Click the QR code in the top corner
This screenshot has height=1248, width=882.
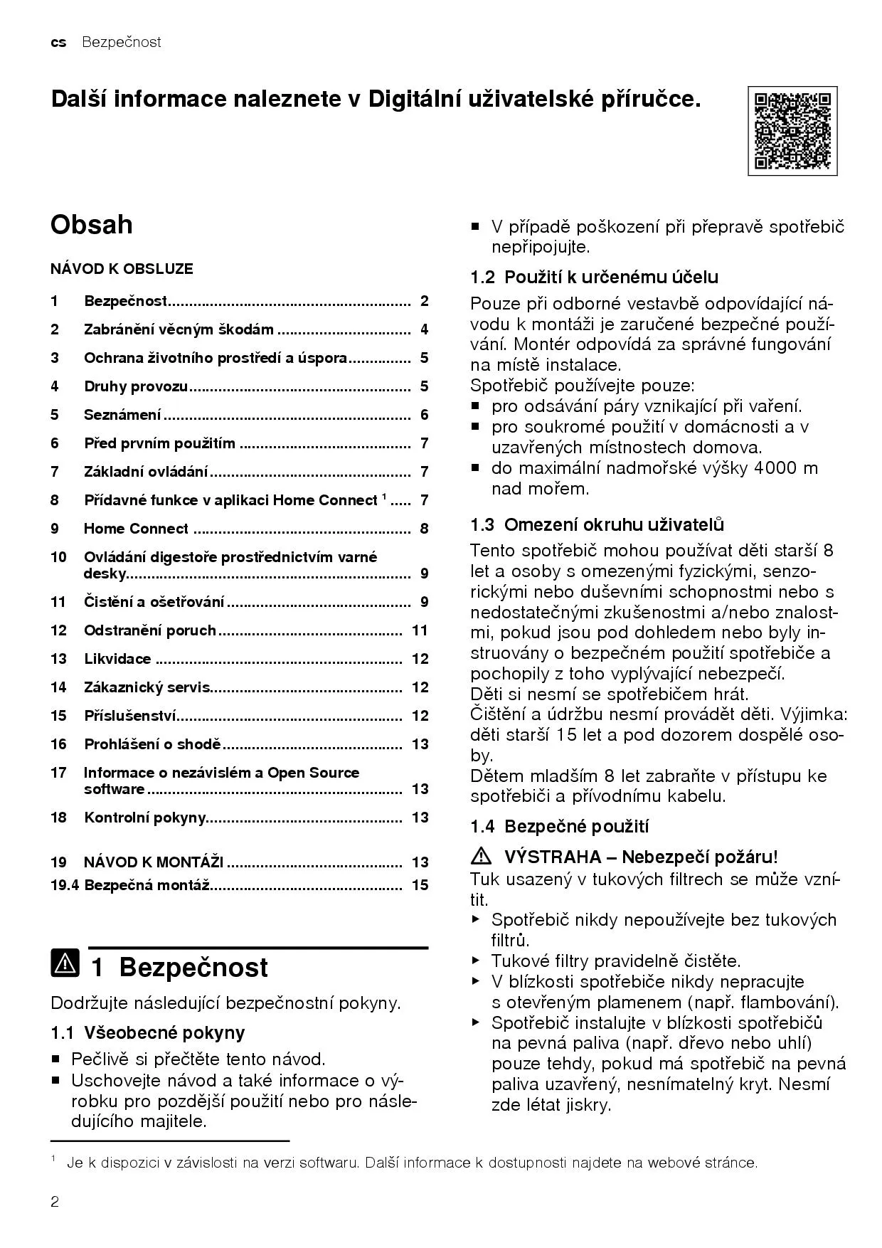[x=792, y=131]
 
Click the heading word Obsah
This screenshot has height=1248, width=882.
[x=92, y=225]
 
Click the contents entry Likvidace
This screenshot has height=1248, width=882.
[x=117, y=659]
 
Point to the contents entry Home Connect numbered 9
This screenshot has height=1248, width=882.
[x=136, y=529]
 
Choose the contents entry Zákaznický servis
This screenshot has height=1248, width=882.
[x=147, y=687]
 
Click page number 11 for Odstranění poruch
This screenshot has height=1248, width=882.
[x=420, y=630]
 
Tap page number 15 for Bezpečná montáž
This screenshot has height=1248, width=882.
[x=420, y=885]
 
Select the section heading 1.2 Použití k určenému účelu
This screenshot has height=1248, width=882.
[x=594, y=277]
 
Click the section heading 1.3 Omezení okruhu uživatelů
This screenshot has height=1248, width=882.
[x=597, y=525]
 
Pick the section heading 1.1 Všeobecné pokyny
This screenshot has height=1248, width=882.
[x=148, y=1032]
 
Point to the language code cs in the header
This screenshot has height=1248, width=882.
[x=58, y=43]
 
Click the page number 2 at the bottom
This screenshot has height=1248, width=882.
[x=55, y=1202]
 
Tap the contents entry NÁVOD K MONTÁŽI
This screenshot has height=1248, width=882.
[x=154, y=862]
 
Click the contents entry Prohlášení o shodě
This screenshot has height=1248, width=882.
[x=153, y=744]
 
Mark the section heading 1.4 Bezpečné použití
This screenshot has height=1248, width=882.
[x=559, y=826]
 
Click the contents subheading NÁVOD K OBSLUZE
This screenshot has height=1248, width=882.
[x=122, y=269]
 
